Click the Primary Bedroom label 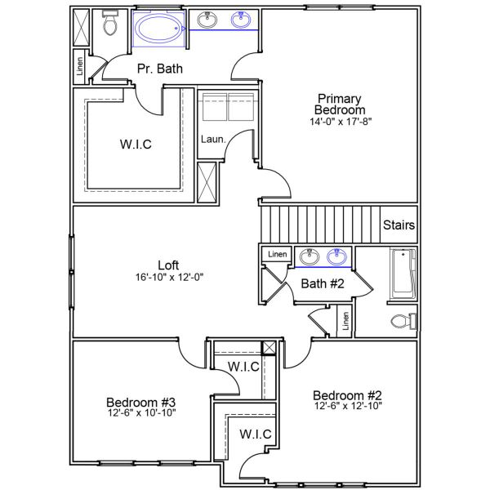tap(341, 104)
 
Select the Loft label tap(168, 265)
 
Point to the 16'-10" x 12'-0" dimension tap(168, 277)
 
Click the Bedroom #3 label tap(141, 402)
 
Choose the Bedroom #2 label tap(348, 394)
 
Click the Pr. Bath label tap(160, 69)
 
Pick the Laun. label tap(213, 139)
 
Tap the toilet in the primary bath tap(110, 26)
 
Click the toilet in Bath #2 tap(401, 320)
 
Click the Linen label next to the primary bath tap(80, 69)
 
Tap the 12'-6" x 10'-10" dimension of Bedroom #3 tap(141, 413)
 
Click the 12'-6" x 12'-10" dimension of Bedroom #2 tap(348, 406)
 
